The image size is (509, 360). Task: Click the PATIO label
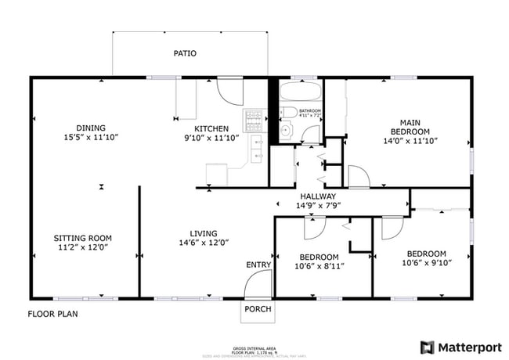(185, 54)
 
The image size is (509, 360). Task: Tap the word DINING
(91, 128)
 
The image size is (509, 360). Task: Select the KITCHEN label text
(211, 128)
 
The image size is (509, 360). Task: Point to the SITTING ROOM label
(82, 238)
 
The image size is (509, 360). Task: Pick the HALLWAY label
(318, 196)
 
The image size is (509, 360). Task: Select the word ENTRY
(258, 265)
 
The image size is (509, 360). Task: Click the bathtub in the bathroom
(300, 92)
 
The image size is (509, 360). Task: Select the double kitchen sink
(257, 149)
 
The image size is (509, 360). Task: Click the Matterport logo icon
(428, 347)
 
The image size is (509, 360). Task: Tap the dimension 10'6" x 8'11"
(319, 266)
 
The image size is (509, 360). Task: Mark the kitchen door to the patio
(229, 91)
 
